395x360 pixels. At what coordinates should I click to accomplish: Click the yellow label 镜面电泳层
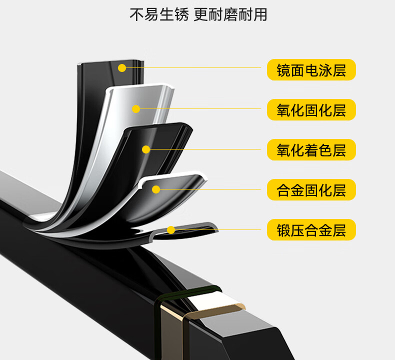pyautogui.click(x=311, y=69)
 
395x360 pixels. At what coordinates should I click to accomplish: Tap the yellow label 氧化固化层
pyautogui.click(x=311, y=110)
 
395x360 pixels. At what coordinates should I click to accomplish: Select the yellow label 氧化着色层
pyautogui.click(x=311, y=150)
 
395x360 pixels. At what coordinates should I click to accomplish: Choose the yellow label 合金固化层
pyautogui.click(x=311, y=190)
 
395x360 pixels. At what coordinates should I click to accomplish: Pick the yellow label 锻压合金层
pyautogui.click(x=311, y=230)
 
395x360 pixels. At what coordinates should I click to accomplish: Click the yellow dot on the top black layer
pyautogui.click(x=122, y=68)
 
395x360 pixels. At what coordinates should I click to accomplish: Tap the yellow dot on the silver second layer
pyautogui.click(x=135, y=108)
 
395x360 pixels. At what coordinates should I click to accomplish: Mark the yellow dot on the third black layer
pyautogui.click(x=146, y=149)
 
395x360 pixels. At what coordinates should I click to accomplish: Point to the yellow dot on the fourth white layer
pyautogui.click(x=156, y=189)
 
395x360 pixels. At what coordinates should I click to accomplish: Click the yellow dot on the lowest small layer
pyautogui.click(x=171, y=230)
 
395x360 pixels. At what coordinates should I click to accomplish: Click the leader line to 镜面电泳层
pyautogui.click(x=200, y=67)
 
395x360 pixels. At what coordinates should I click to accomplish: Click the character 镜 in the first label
pyautogui.click(x=283, y=69)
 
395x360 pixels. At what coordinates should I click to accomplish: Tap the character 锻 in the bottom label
pyautogui.click(x=283, y=230)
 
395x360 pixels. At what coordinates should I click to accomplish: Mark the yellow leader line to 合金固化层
pyautogui.click(x=210, y=189)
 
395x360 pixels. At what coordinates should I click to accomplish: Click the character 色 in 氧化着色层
pyautogui.click(x=325, y=150)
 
